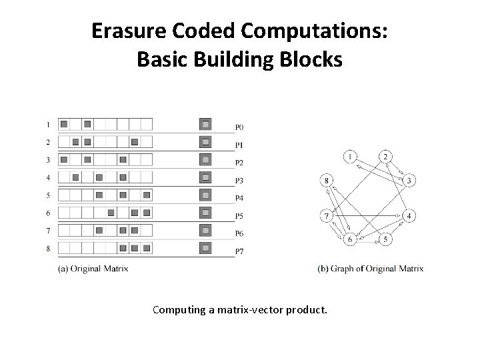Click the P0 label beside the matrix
click(x=239, y=127)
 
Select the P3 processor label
click(x=239, y=181)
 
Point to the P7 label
click(x=239, y=251)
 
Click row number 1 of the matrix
click(x=48, y=124)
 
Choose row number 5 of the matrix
click(x=48, y=195)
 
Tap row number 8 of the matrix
click(x=48, y=249)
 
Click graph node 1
click(x=351, y=157)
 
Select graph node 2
click(x=385, y=157)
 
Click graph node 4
click(x=410, y=216)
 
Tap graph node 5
click(x=385, y=239)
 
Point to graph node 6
click(x=351, y=239)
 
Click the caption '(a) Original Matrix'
click(x=93, y=269)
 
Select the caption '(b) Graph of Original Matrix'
click(x=371, y=269)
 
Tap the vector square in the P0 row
click(x=206, y=124)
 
